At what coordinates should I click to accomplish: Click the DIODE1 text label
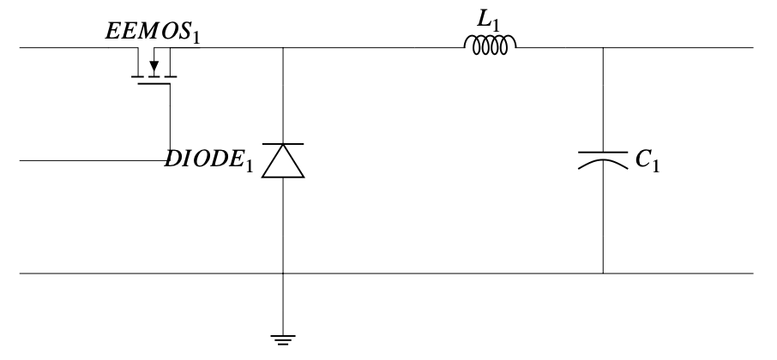(x=209, y=161)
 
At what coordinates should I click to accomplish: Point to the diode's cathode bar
(x=283, y=145)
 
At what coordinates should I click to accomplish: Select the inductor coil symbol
(x=491, y=45)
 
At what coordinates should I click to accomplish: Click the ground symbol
(x=283, y=338)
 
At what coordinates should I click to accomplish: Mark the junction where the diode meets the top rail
(x=283, y=48)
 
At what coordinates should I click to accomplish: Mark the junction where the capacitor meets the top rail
(x=603, y=48)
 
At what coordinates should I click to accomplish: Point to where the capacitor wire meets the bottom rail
(x=603, y=273)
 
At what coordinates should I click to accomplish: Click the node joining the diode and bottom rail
(x=283, y=273)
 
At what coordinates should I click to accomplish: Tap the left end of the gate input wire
(x=21, y=160)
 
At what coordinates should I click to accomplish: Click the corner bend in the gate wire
(x=170, y=160)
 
